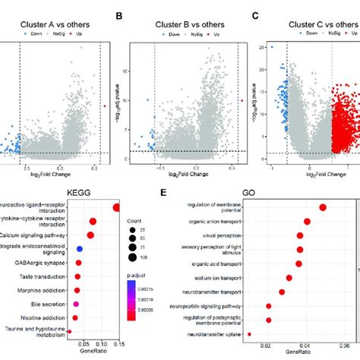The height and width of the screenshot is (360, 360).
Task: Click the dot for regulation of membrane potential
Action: coord(322,207)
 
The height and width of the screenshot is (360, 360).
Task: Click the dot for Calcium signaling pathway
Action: coord(90,235)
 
